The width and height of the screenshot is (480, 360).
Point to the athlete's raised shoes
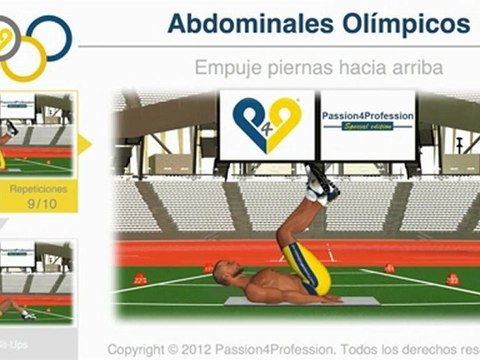click(321, 186)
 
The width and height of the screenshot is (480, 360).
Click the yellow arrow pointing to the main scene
click(84, 144)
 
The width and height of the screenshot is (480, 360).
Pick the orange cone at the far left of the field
click(140, 279)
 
